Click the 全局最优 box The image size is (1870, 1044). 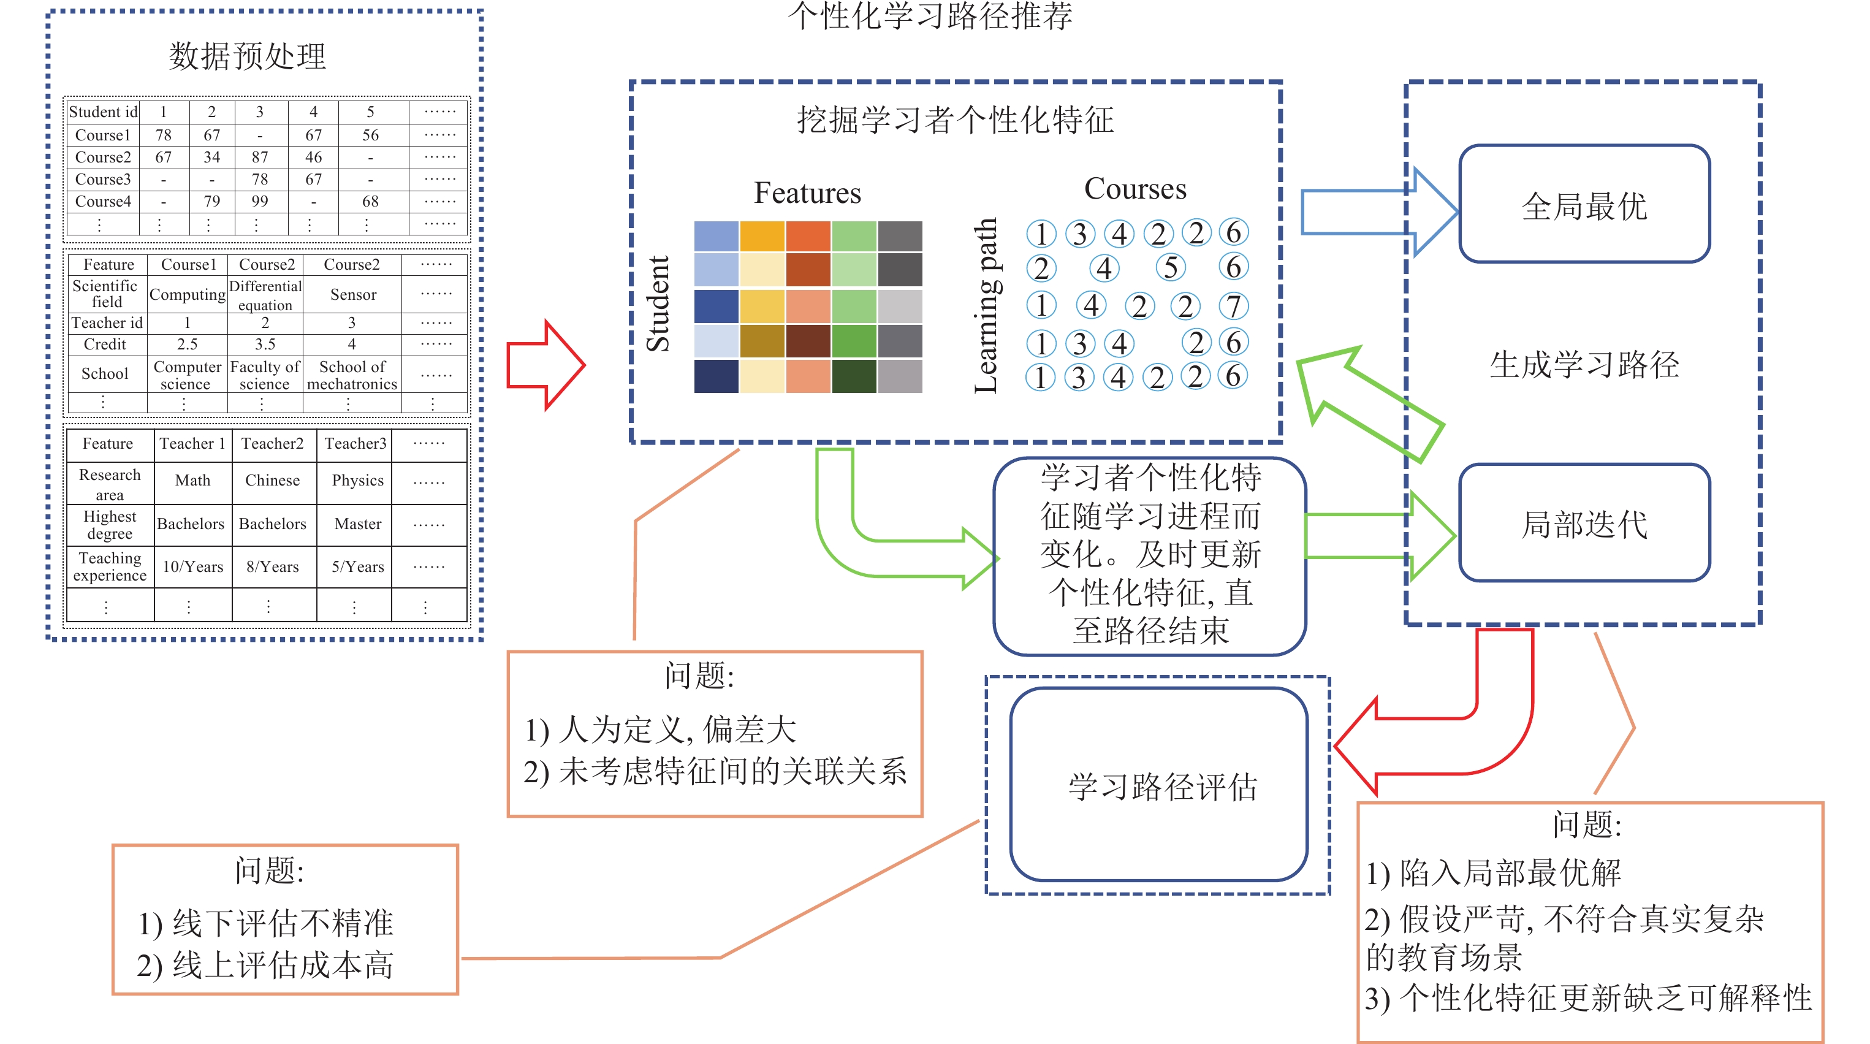pos(1584,205)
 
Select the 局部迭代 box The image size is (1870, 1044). pos(1584,523)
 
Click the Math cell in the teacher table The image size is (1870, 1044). pos(192,481)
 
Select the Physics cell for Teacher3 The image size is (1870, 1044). pos(357,481)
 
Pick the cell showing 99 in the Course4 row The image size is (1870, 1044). pos(260,201)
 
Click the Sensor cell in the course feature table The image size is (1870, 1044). pos(353,294)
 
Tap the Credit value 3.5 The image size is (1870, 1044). pos(265,344)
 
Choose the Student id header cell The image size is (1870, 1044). pos(103,112)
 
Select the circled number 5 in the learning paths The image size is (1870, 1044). pos(1170,268)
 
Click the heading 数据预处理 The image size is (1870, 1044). pos(248,56)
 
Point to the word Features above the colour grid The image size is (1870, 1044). pos(807,193)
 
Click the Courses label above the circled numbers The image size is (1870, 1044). pos(1135,189)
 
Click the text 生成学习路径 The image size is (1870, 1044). pos(1584,365)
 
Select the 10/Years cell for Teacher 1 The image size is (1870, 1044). pos(192,567)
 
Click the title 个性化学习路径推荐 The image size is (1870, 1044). pos(930,16)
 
